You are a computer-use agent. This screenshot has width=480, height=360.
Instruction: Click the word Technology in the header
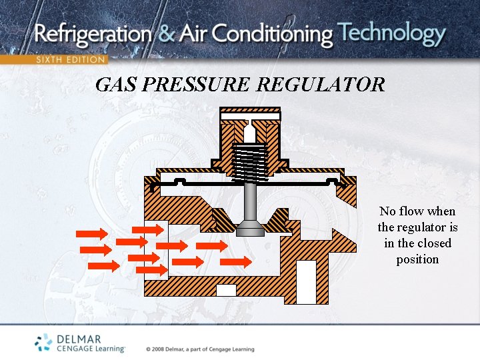[391, 33]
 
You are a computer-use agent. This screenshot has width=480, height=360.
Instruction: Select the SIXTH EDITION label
[71, 59]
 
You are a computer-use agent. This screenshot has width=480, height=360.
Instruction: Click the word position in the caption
[417, 259]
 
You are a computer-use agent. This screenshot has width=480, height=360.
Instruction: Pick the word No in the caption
[387, 211]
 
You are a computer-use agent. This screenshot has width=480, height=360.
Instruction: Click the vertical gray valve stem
[250, 200]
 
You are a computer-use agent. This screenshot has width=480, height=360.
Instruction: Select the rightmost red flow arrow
[236, 262]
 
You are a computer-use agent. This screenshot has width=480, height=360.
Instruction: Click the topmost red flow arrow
[147, 229]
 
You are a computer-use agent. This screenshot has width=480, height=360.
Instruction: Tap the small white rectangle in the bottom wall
[226, 290]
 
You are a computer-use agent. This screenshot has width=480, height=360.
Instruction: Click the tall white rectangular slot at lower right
[306, 281]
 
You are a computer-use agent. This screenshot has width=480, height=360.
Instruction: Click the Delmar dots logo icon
[43, 342]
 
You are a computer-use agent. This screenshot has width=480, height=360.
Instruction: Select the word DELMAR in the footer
[79, 339]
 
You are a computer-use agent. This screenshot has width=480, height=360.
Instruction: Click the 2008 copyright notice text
[200, 349]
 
